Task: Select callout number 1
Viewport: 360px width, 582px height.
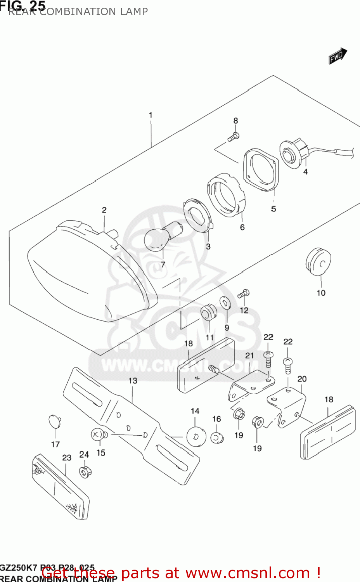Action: [x=151, y=115]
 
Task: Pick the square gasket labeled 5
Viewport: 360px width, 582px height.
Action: [x=261, y=170]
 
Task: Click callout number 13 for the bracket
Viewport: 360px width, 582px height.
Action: [x=133, y=381]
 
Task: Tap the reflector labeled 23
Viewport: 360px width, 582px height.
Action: [x=61, y=486]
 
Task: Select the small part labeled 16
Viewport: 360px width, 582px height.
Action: [x=217, y=438]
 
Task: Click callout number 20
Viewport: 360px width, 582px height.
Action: [x=302, y=379]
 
